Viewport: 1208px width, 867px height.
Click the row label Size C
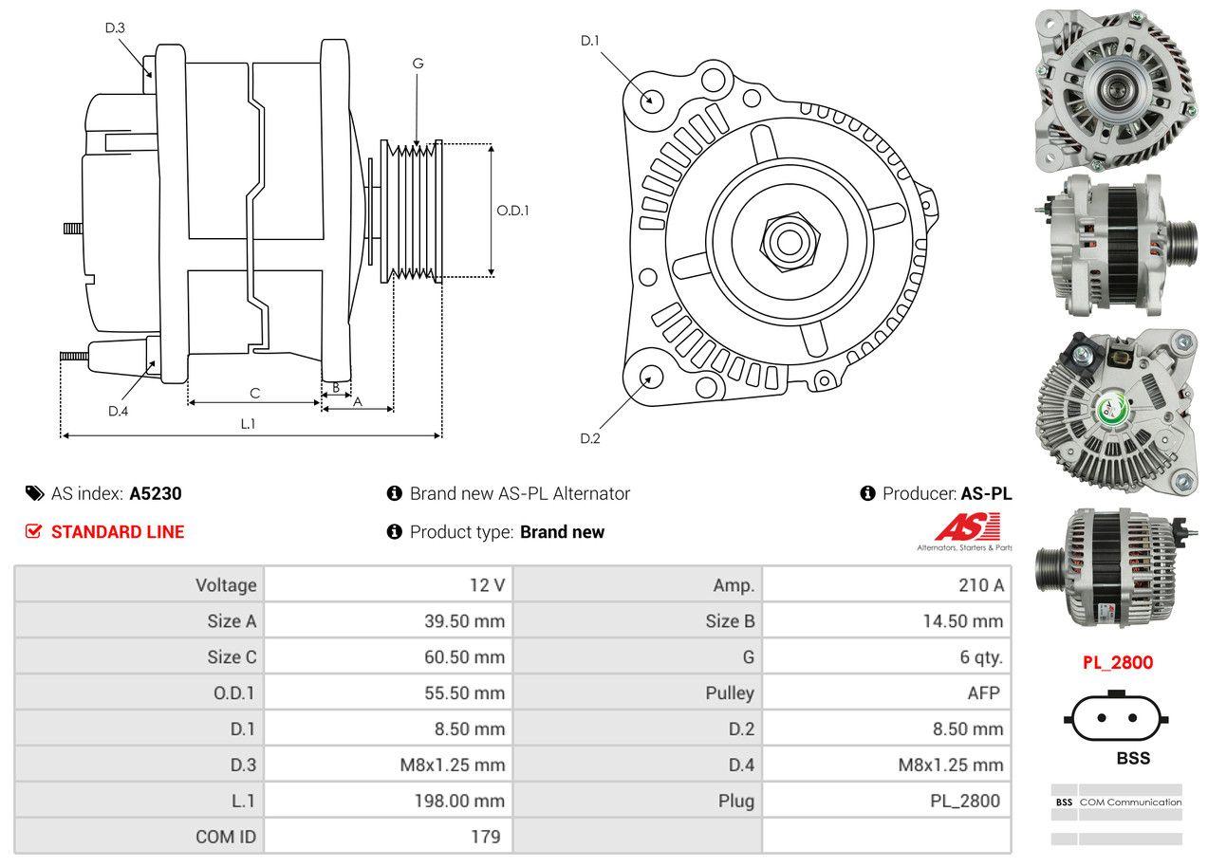pos(232,656)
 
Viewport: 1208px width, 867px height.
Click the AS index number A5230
pos(156,493)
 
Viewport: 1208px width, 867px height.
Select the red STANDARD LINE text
pos(118,532)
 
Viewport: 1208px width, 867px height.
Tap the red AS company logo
pos(967,527)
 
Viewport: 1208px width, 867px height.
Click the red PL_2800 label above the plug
pos(1118,662)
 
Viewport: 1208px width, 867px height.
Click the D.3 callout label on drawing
pos(115,28)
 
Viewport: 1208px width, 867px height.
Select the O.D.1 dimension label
pos(512,211)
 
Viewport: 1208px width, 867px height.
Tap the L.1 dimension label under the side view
pos(247,424)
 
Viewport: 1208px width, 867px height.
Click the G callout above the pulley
pos(418,64)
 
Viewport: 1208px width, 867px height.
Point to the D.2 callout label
pos(590,438)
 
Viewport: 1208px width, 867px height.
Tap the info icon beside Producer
pos(867,493)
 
